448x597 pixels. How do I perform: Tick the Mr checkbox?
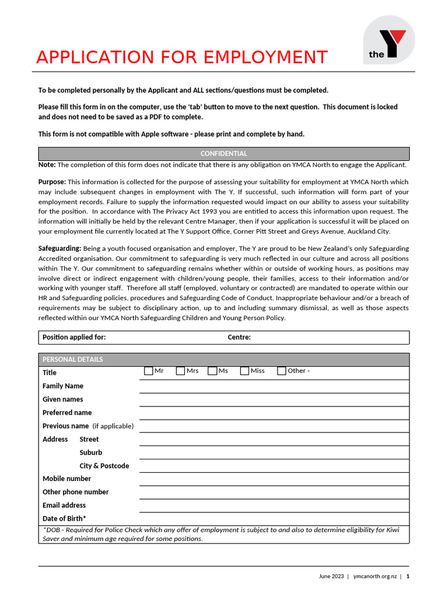pos(148,371)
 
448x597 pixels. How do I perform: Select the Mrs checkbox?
pos(180,371)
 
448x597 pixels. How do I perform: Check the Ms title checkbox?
pos(212,371)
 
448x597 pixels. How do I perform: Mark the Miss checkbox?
pos(244,371)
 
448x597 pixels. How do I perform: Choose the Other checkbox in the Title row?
pos(281,371)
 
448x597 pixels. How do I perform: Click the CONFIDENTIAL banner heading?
pos(223,154)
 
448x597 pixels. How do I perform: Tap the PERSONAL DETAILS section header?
pos(72,359)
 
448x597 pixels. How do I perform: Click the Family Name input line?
pos(274,386)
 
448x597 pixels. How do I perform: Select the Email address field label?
pos(64,505)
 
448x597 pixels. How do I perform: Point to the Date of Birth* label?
pos(64,519)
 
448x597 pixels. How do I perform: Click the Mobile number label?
pos(66,479)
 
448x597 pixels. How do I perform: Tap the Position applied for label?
pos(74,338)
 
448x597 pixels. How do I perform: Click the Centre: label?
pos(239,338)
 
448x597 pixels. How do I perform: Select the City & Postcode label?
pos(104,466)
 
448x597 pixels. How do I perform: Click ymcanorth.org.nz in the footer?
pos(375,576)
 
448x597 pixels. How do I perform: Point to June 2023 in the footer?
pos(331,576)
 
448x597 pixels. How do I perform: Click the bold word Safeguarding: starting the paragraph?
pos(60,248)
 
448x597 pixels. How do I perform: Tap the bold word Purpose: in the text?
pos(52,182)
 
